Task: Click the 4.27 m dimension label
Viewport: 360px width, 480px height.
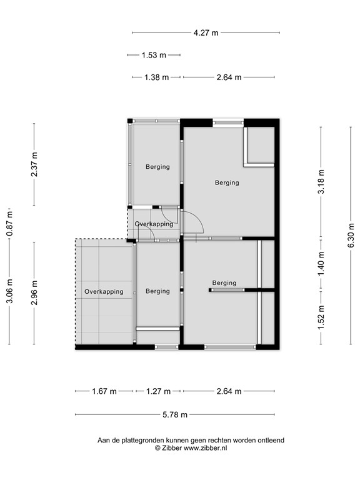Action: pos(206,33)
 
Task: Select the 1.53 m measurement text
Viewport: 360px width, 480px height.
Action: pos(154,55)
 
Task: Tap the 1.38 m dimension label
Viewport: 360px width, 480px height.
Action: pos(156,77)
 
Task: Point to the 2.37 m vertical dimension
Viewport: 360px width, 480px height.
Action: pos(34,164)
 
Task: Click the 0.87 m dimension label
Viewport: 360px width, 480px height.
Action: pos(9,222)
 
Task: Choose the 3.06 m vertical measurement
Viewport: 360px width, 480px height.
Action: pos(9,292)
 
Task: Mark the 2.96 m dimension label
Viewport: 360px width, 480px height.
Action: pos(34,292)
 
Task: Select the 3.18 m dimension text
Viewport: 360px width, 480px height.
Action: pos(321,182)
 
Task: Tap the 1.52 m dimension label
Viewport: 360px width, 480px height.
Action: pos(321,316)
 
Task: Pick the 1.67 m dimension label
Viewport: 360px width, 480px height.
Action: pos(104,392)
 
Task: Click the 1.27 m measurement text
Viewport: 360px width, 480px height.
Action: pos(159,392)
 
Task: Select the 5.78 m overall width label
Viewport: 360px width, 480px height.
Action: pos(175,414)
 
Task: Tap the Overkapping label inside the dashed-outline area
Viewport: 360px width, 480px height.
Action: pos(104,291)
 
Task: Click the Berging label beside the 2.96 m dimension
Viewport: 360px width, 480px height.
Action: pos(157,291)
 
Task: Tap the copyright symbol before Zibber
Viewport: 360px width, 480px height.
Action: pos(158,448)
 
